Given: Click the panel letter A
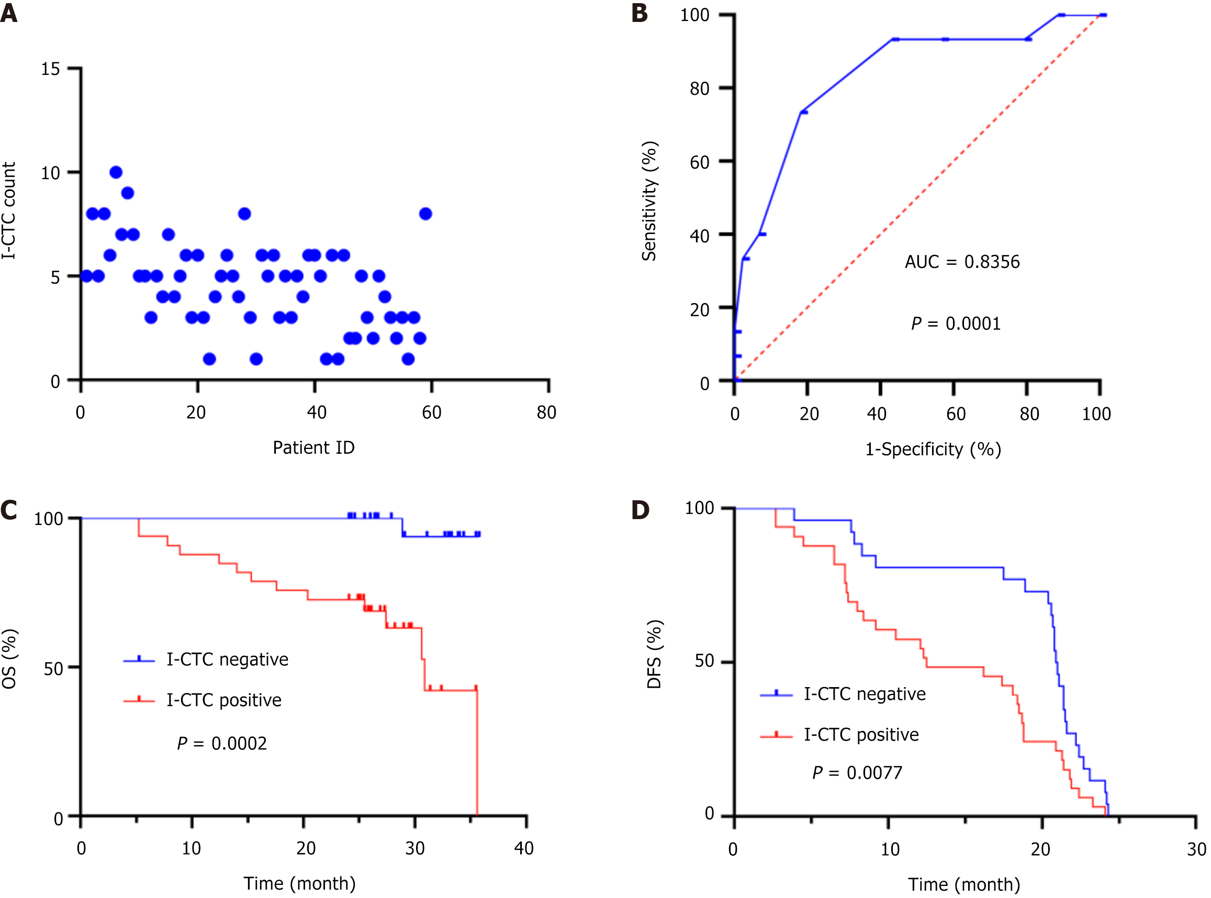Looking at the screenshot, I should (9, 13).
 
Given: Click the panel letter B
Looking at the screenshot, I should (639, 13).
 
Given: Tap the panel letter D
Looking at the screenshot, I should (640, 510).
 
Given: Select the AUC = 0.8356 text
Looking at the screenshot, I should (961, 262).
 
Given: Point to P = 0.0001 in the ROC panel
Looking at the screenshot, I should (956, 324).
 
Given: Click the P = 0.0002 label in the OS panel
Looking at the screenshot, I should (222, 744).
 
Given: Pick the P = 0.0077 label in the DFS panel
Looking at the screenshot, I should (857, 773).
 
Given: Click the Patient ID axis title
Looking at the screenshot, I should (313, 448).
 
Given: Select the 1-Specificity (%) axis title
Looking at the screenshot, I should (933, 450).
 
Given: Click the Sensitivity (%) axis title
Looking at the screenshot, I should (649, 201).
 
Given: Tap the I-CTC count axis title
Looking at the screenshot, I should (9, 210).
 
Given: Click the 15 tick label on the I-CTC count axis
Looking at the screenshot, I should (51, 69).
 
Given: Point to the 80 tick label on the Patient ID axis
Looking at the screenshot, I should (546, 412).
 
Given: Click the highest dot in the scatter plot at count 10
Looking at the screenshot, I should (116, 172).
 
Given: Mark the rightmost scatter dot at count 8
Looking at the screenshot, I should (425, 214).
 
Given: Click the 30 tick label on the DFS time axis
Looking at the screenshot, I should (1196, 849).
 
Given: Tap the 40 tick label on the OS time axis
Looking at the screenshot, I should (524, 848).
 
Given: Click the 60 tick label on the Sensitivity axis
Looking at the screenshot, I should (700, 163).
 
